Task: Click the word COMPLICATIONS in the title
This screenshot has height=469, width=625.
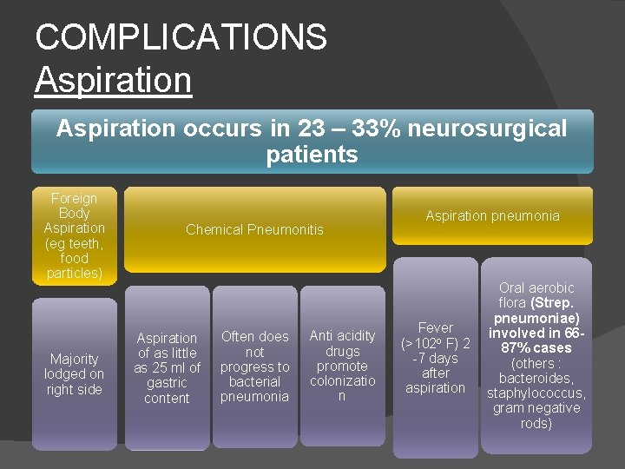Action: (181, 37)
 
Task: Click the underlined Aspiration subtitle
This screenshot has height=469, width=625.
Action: (113, 80)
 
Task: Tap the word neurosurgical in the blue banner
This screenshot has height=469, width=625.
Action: (487, 129)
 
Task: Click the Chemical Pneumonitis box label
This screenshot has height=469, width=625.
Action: (254, 229)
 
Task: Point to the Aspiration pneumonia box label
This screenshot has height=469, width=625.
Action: (492, 215)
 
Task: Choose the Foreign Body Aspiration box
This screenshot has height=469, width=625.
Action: (75, 235)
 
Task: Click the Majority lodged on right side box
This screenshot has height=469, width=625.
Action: (75, 373)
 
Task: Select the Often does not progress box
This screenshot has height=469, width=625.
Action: (254, 366)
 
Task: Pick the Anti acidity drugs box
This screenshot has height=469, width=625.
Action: (342, 365)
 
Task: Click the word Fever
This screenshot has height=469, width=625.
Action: (436, 327)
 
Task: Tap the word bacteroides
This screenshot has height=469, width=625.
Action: (536, 378)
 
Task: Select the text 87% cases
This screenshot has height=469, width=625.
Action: (536, 347)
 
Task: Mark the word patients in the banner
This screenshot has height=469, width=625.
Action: (312, 155)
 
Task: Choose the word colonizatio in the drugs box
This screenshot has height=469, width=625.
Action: (342, 380)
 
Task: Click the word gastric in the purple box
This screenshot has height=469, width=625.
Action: (168, 383)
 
